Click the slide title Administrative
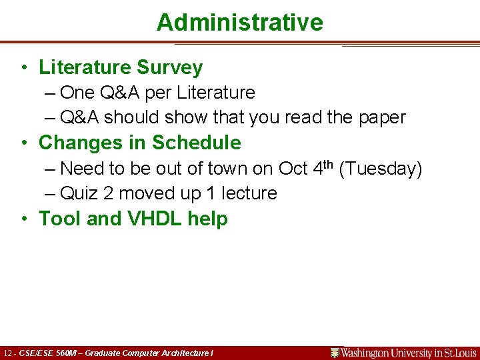point(239,23)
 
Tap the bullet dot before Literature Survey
point(23,67)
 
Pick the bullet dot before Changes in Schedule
point(23,143)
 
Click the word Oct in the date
point(293,169)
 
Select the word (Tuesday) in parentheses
point(381,169)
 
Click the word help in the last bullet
point(207,219)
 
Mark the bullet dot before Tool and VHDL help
point(23,219)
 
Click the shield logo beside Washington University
point(335,353)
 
